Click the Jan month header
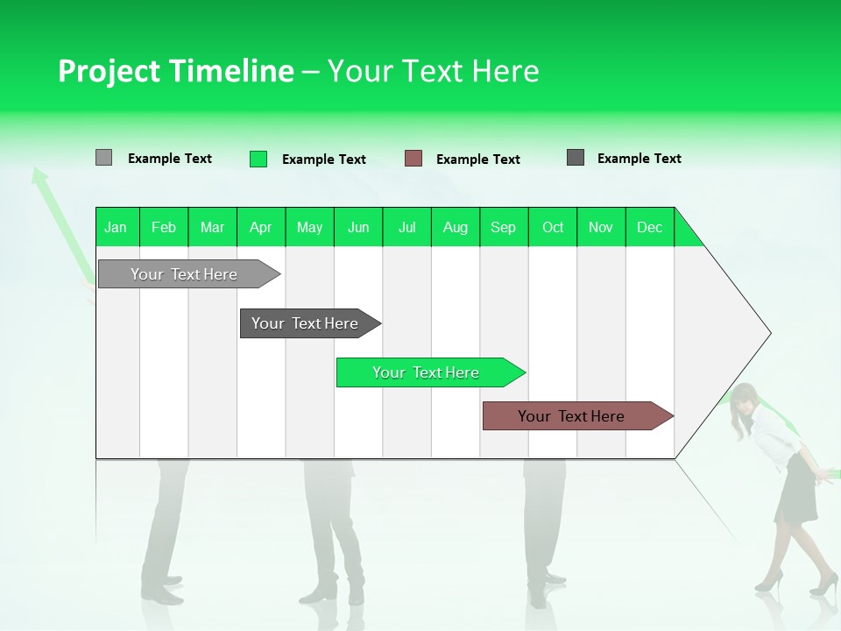point(116,227)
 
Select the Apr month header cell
point(260,227)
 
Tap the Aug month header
point(455,227)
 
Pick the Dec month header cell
point(649,227)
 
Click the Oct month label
point(553,227)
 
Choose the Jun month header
point(357,227)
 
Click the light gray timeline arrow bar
point(184,274)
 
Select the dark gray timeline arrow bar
point(305,323)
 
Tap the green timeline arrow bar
point(426,372)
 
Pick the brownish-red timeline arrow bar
point(571,416)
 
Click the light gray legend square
point(103,158)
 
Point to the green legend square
point(258,159)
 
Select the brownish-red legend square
point(413,159)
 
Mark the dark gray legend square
point(576,158)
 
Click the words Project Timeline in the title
point(175,71)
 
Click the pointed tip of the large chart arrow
point(768,333)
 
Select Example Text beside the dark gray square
point(639,158)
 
